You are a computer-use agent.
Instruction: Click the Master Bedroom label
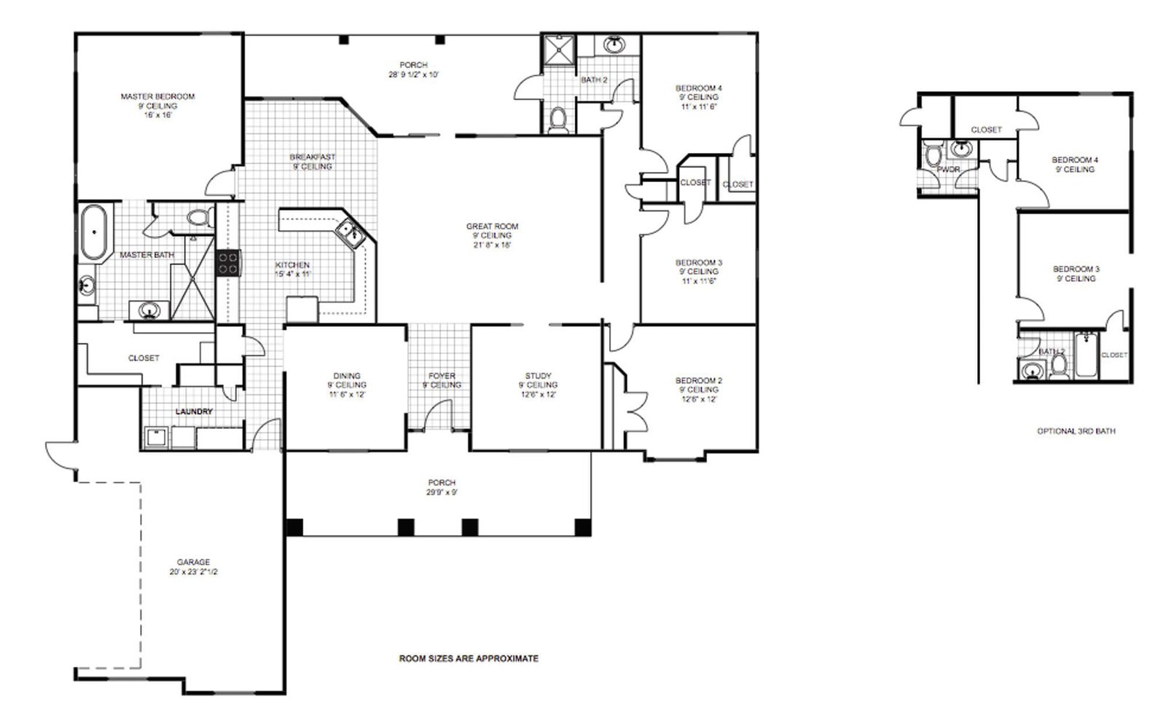coord(157,96)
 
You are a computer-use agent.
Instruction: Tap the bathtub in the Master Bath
coord(94,232)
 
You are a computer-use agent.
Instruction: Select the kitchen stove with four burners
coord(228,262)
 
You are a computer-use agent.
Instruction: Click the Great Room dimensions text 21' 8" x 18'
coord(492,245)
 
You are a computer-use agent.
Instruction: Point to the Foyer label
coord(442,376)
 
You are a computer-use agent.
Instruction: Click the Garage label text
coord(193,562)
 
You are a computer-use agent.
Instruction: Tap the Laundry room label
coord(194,411)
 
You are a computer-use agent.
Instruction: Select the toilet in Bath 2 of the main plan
coord(558,120)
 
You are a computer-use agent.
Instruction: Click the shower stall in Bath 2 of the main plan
coord(558,51)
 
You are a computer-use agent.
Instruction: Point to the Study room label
coord(538,376)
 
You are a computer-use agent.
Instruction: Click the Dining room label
coord(347,376)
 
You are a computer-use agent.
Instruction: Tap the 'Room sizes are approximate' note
coord(469,658)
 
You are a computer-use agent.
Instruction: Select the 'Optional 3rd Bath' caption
coord(1076,431)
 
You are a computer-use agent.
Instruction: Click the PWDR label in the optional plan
coord(948,169)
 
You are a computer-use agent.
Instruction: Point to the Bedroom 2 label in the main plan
coord(698,380)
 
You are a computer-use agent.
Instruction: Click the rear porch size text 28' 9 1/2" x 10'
coord(413,74)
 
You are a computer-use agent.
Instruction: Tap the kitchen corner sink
coord(349,233)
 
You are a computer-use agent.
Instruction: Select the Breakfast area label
coord(312,157)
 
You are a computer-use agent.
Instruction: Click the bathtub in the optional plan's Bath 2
coord(1086,355)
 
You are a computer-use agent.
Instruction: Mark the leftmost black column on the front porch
coord(294,527)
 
